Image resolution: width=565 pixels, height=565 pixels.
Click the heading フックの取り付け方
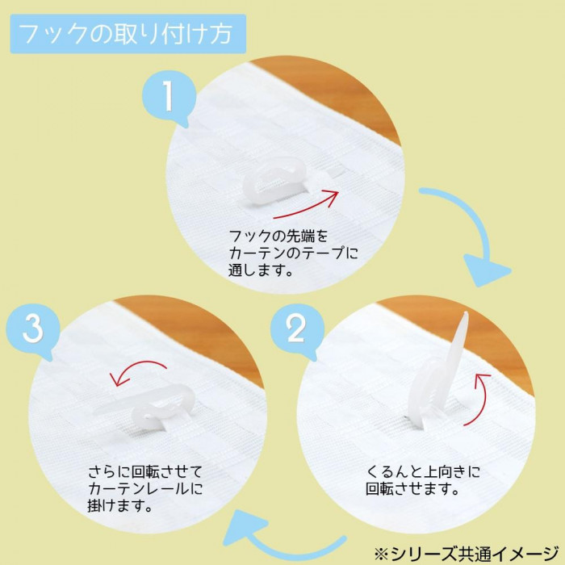pos(125,34)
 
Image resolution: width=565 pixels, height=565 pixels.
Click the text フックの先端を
pos(278,236)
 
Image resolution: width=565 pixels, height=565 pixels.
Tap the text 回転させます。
pos(412,488)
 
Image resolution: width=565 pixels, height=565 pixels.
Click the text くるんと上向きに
pos(423,471)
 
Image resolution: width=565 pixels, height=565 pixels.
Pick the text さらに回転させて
pos(145,471)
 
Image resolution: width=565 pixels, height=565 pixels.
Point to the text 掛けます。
pos(119,506)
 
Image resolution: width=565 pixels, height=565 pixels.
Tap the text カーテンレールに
pos(145,488)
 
